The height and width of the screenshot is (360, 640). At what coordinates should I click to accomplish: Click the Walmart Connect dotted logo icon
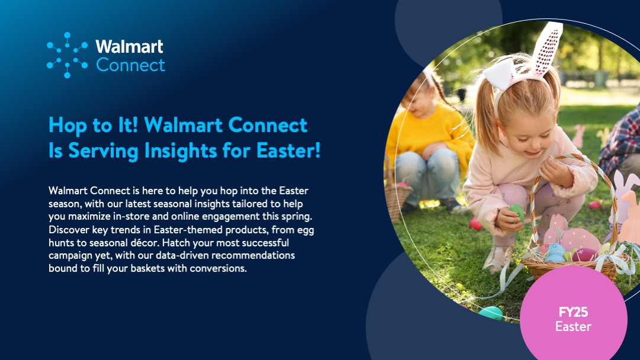click(x=67, y=55)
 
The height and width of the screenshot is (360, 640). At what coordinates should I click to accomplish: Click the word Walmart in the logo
click(x=130, y=47)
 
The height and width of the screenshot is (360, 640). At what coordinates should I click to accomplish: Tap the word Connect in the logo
click(x=131, y=65)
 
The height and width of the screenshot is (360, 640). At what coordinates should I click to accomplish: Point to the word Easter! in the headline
click(x=288, y=150)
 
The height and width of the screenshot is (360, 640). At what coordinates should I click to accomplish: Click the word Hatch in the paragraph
click(x=175, y=242)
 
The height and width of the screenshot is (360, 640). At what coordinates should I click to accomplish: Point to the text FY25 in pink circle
click(x=573, y=312)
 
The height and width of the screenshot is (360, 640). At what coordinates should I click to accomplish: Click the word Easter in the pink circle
click(x=573, y=326)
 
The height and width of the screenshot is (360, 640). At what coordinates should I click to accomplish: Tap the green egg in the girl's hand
click(x=516, y=212)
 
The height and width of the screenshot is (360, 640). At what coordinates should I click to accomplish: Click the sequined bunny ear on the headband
click(x=546, y=48)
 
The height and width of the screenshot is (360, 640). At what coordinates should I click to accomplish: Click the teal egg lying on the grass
click(x=491, y=313)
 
